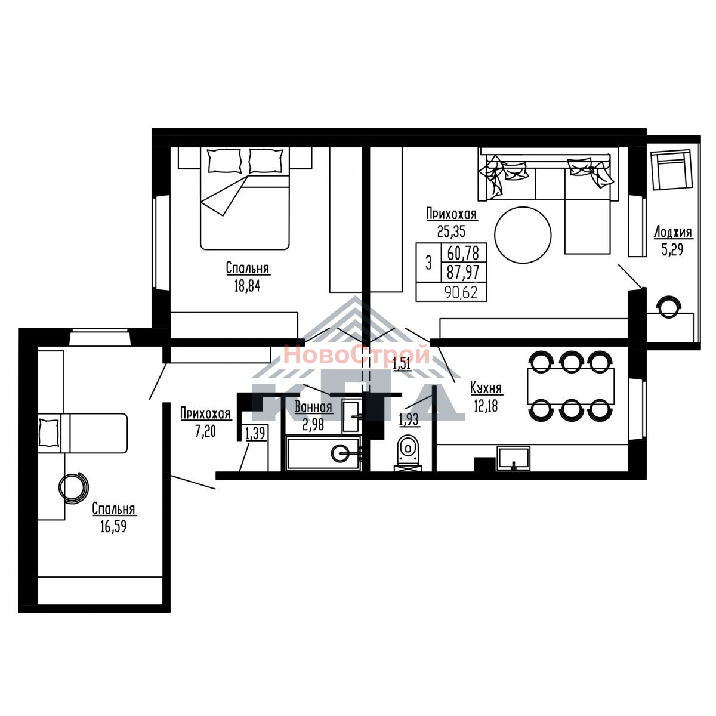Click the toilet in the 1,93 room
point(408,452)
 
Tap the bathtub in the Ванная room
point(323,453)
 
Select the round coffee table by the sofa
point(523,235)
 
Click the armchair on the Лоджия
point(672,169)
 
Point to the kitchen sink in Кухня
point(513,458)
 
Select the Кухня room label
point(486,388)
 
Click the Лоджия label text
point(672,232)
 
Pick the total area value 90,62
point(461,293)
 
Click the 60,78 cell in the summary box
point(463,253)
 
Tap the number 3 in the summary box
point(428,263)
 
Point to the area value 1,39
point(255,434)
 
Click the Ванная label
point(313,408)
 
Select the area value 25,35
point(451,232)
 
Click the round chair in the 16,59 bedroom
point(73,488)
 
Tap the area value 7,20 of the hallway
point(205,432)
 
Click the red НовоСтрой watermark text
point(357,354)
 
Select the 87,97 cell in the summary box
point(463,272)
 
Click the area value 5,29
point(672,249)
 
